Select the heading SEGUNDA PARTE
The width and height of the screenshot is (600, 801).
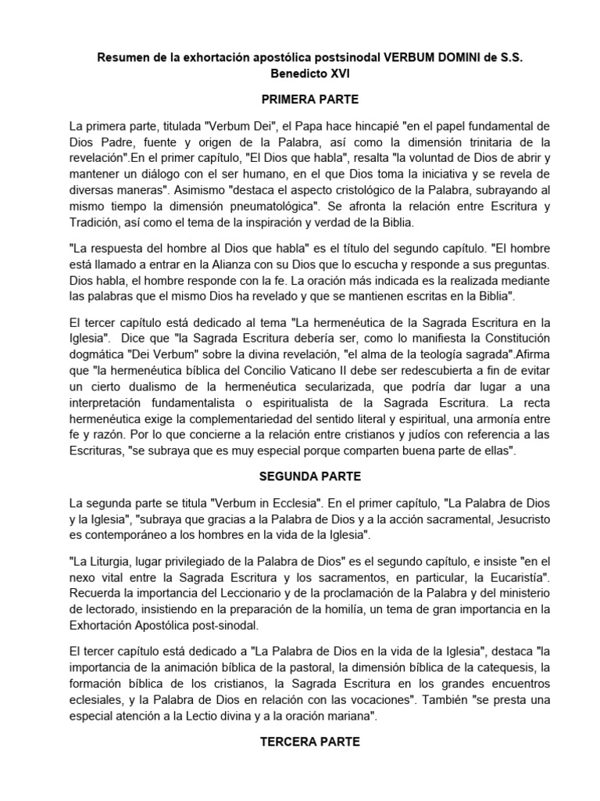[299, 476]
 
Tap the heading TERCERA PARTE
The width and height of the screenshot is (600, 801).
[299, 742]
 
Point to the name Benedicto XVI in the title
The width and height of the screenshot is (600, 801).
[299, 77]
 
